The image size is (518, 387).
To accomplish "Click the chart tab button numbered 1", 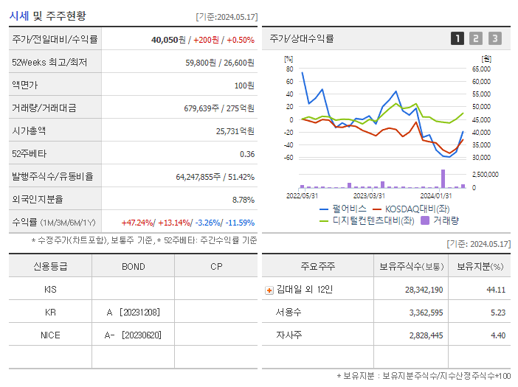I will coord(457,38).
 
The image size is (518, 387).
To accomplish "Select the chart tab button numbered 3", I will coord(494,38).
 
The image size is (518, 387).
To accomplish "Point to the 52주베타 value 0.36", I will coord(247,153).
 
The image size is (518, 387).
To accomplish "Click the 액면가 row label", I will coord(25,85).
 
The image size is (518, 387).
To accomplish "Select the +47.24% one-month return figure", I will coord(138,222).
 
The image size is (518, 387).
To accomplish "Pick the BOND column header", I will coord(133,266).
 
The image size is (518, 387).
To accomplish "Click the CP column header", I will coord(216,266).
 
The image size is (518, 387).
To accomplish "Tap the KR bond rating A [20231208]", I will coord(133,313).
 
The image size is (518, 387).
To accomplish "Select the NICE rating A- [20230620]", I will coord(133,335).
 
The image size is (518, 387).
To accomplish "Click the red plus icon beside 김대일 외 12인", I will coord(269,290).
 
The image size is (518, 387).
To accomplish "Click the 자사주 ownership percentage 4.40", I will coord(497,335).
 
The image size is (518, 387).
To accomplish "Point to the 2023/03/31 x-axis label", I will coord(369,195).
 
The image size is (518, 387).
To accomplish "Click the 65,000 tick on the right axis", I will coord(480,69).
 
